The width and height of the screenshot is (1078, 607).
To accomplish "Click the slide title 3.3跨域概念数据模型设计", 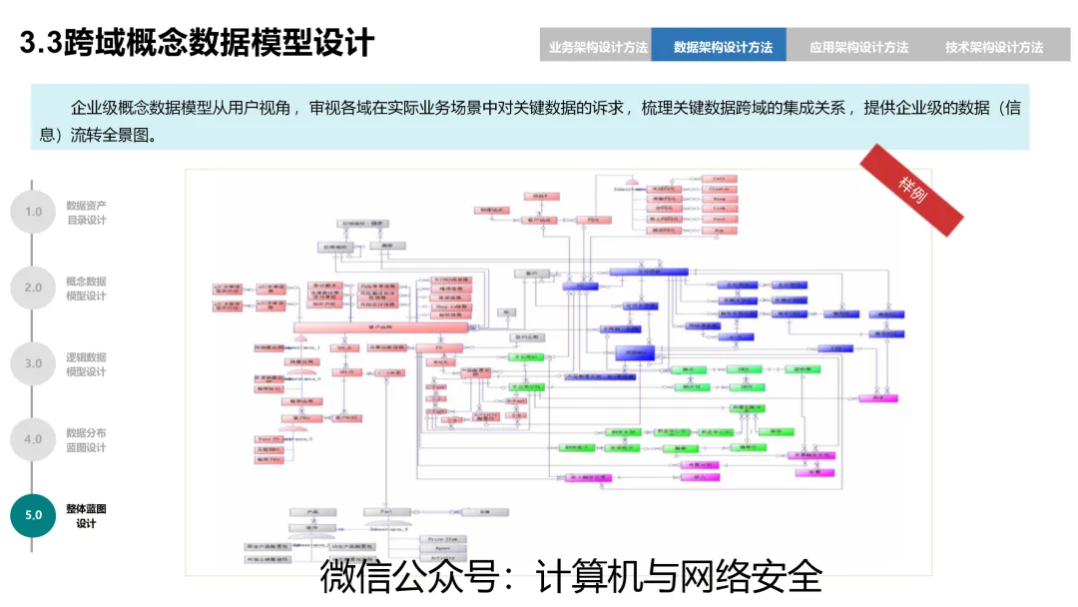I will [x=198, y=43].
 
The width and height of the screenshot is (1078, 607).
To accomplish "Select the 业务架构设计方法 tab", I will [x=597, y=47].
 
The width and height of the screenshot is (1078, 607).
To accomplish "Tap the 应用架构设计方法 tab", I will [x=858, y=47].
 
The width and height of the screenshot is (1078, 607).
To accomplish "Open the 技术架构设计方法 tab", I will [x=994, y=47].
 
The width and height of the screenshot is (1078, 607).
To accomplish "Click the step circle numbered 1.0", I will [x=33, y=212].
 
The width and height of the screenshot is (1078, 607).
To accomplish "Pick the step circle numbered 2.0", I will [x=33, y=288].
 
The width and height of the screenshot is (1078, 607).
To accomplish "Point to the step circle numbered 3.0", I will [x=33, y=363].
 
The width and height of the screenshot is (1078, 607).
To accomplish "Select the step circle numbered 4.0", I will [x=33, y=439].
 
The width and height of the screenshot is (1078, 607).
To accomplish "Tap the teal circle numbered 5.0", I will [x=33, y=515].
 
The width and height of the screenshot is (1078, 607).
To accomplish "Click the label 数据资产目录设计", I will [x=86, y=213].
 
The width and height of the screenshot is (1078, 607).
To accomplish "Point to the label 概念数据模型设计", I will [x=86, y=289].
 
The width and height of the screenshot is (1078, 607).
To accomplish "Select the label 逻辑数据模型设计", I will [x=86, y=364].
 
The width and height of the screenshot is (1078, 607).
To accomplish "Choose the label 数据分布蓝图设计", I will [x=86, y=440].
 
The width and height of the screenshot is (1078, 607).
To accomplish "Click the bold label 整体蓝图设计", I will [x=86, y=516].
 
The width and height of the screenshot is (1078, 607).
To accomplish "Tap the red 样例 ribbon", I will [x=912, y=190].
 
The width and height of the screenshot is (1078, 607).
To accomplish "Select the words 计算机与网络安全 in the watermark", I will [x=679, y=577].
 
